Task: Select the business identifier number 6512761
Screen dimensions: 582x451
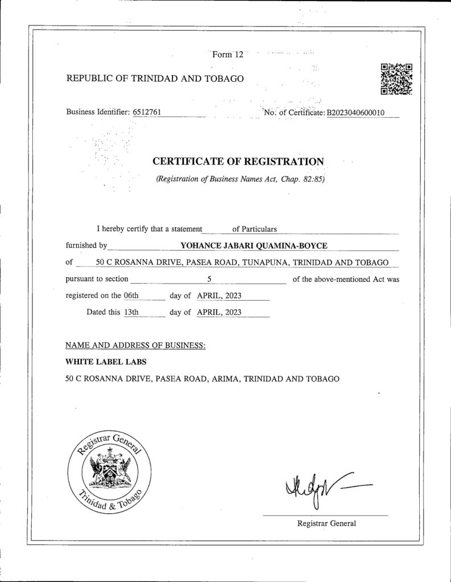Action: [147, 112]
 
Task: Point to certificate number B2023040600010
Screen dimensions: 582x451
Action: [355, 113]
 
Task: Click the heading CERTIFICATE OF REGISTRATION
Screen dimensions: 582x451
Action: [238, 161]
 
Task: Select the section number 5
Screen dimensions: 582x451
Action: [209, 279]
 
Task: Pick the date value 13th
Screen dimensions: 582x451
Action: [131, 312]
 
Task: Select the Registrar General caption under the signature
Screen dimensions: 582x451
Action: [326, 523]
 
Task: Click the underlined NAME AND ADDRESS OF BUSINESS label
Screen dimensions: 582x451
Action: [135, 345]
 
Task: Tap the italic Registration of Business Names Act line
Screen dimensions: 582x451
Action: [240, 180]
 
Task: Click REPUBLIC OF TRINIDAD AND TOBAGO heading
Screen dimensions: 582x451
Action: [155, 78]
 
